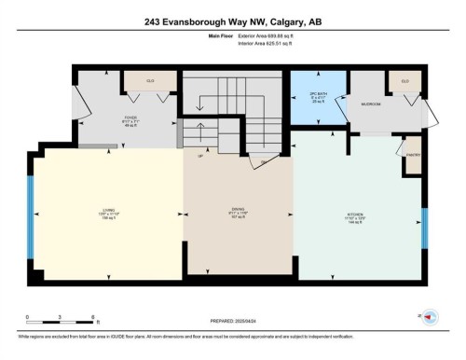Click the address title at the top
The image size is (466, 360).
point(232,21)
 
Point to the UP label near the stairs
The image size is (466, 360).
point(199,156)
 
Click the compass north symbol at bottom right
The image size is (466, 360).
point(432,317)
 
